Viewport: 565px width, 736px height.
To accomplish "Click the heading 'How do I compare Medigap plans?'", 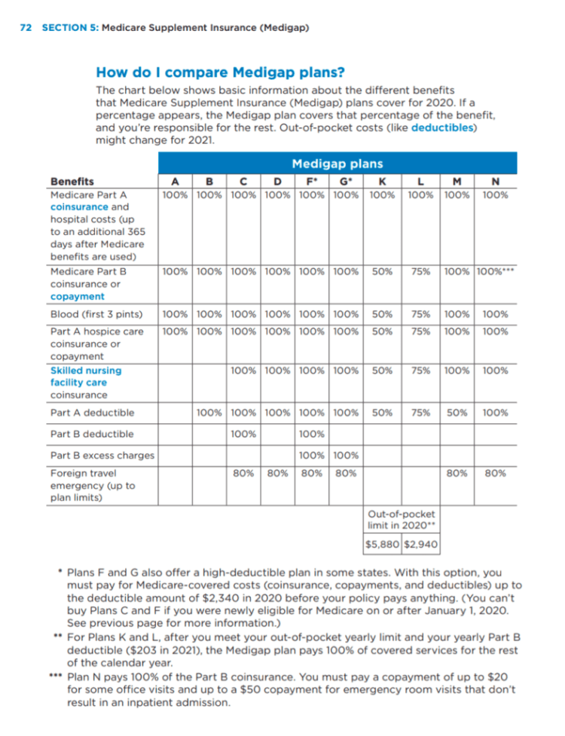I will point(220,72).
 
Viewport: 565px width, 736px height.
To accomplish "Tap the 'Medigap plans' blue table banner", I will point(337,163).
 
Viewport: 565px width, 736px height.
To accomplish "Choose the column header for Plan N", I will point(495,181).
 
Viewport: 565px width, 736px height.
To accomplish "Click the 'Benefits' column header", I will point(72,181).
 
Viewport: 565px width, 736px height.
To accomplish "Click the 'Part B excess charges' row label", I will point(102,455).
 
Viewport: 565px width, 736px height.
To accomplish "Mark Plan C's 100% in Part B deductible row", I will point(243,434).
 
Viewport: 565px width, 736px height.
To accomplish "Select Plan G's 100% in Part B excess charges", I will point(346,455).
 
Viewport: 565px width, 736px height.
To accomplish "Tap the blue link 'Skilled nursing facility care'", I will point(85,377).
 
